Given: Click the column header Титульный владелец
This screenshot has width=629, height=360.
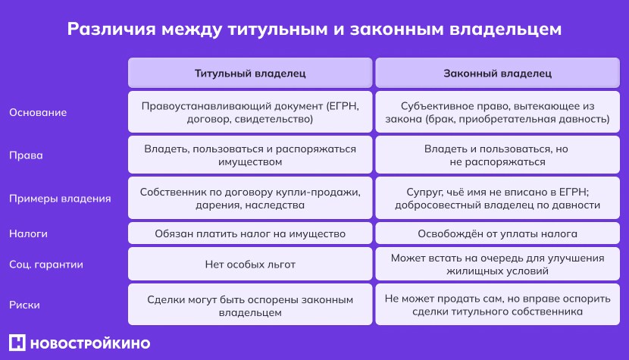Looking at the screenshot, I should click(x=250, y=74).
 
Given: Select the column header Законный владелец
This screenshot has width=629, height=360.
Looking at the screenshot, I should click(x=497, y=74).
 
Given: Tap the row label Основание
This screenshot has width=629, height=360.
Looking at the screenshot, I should click(x=38, y=113).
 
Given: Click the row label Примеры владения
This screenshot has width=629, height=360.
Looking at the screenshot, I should click(x=60, y=199).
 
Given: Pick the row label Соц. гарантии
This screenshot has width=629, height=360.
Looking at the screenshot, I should click(x=46, y=265).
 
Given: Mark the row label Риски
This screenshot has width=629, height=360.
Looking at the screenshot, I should click(x=25, y=305).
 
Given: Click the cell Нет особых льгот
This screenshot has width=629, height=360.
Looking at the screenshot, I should click(x=250, y=265).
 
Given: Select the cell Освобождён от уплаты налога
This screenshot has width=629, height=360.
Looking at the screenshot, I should click(x=497, y=234).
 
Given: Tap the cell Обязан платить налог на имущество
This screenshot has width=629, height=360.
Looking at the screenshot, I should click(x=250, y=234).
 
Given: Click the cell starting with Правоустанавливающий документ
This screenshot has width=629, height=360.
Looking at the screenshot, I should click(x=250, y=113).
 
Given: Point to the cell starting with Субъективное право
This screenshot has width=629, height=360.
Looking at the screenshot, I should click(x=497, y=113).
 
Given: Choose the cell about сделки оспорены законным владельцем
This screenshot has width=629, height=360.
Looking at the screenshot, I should click(x=250, y=305).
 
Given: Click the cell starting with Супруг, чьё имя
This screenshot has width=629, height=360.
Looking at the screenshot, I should click(x=497, y=199).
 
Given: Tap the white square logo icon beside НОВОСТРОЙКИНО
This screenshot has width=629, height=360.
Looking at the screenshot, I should click(x=19, y=343).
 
